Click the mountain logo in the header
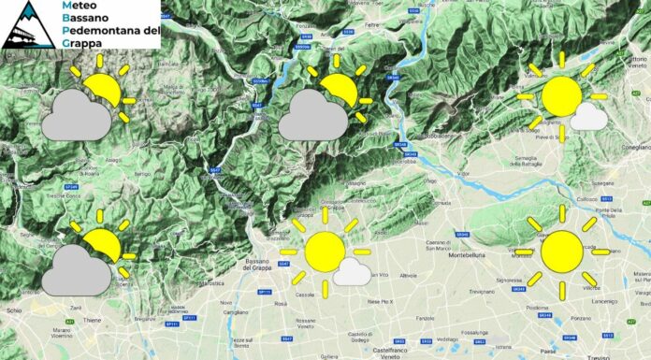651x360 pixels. pos(26,25)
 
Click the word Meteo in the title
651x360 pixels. pos(80,7)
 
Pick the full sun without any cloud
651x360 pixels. pos(561,251)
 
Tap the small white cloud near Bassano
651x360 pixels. pos(353,272)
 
